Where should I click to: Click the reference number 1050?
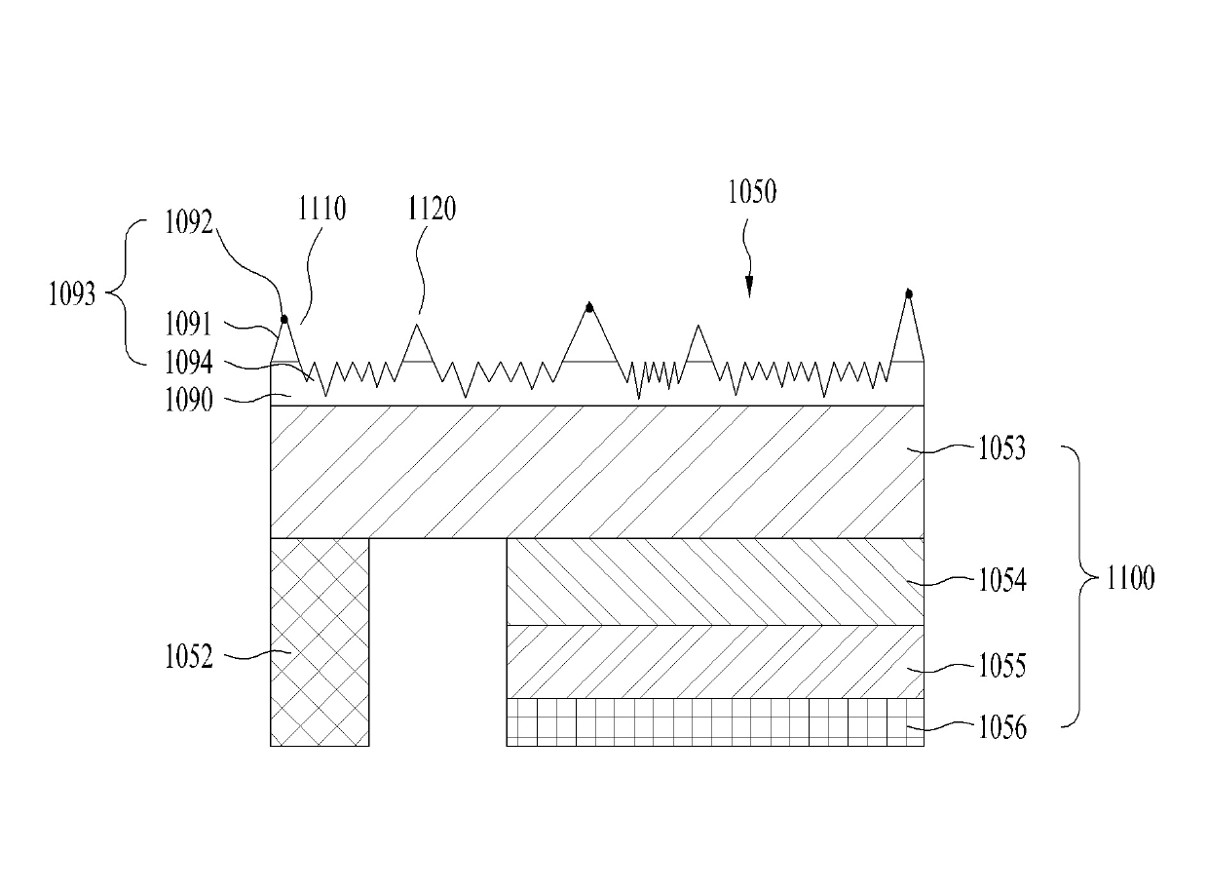[x=752, y=192]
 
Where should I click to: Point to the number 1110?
[x=321, y=209]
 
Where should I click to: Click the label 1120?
[x=432, y=209]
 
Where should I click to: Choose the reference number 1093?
[x=72, y=293]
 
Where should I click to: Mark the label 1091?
[x=187, y=325]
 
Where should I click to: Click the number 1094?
[x=187, y=363]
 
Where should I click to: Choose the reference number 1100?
[x=1129, y=579]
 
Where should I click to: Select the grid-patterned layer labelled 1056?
[x=714, y=722]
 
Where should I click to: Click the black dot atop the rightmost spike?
[x=909, y=293]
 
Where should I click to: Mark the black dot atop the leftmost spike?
[x=283, y=319]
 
